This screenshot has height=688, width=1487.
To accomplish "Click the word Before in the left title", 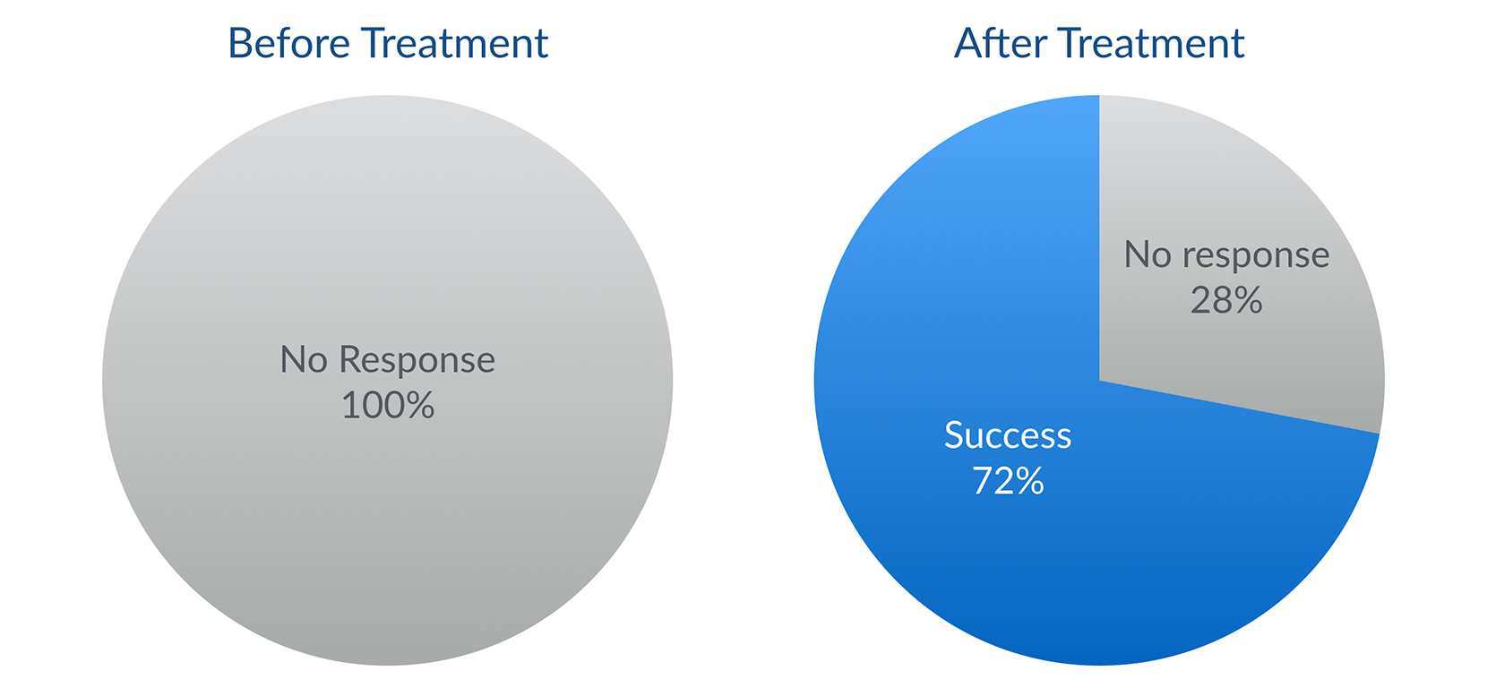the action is (289, 44).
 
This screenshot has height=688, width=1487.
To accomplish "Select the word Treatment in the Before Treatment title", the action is (457, 44).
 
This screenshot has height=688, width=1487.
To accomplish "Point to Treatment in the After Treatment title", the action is (1152, 44).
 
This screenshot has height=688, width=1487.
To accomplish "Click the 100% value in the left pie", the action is (388, 404).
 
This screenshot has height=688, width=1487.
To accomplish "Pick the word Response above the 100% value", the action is (417, 361).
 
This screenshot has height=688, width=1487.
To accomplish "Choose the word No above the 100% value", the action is (304, 360).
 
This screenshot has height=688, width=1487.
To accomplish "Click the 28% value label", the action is (1226, 300).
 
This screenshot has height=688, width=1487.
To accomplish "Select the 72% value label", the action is (1008, 480).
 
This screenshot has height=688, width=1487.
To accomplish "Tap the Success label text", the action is (1008, 435).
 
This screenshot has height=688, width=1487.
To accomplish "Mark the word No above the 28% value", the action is (1147, 255).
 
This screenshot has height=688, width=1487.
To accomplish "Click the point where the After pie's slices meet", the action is (1099, 381).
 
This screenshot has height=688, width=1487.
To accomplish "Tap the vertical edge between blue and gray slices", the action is (1099, 237).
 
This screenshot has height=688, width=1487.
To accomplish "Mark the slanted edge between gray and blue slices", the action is (1240, 407).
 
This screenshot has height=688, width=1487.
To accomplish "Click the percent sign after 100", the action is (420, 404).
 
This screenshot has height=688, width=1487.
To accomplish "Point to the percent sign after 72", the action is (1029, 480).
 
